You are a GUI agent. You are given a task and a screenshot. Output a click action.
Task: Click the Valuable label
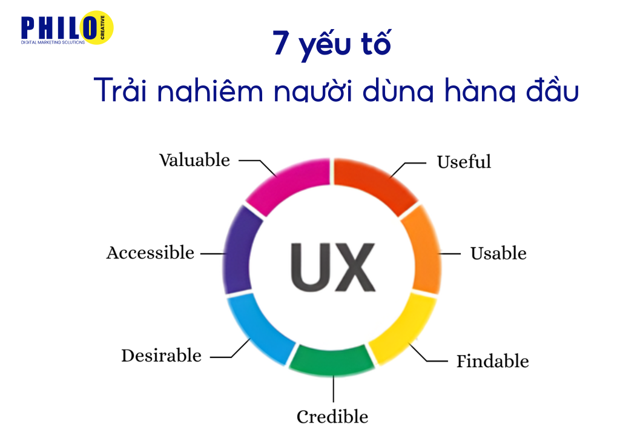pyautogui.click(x=194, y=160)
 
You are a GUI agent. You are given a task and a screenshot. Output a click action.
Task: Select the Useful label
pyautogui.click(x=464, y=162)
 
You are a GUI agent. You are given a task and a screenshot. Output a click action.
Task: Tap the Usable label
pyautogui.click(x=498, y=253)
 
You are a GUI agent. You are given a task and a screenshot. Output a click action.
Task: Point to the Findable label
pyautogui.click(x=492, y=362)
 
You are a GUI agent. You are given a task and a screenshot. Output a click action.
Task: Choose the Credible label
pyautogui.click(x=332, y=417)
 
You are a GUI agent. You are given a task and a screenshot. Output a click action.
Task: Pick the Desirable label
pyautogui.click(x=161, y=355)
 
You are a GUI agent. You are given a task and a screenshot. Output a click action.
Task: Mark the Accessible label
pyautogui.click(x=150, y=253)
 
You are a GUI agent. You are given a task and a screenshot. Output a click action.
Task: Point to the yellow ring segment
pyautogui.click(x=404, y=327)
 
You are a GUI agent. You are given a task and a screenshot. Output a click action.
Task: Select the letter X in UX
pyautogui.click(x=352, y=267)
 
